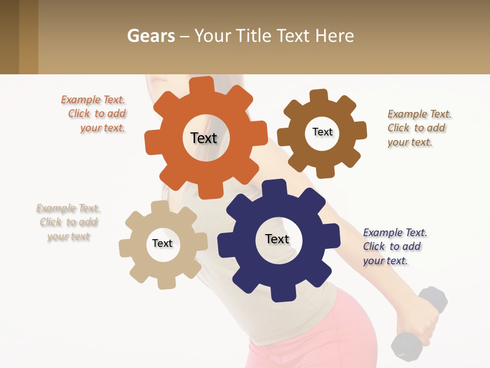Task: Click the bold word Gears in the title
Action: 151,36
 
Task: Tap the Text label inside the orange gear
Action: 204,138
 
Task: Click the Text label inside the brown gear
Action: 322,132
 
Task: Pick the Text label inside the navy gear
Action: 277,239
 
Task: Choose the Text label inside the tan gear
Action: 162,244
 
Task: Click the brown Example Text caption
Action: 419,128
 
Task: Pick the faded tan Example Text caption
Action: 68,222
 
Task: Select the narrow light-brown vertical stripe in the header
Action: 29,37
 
